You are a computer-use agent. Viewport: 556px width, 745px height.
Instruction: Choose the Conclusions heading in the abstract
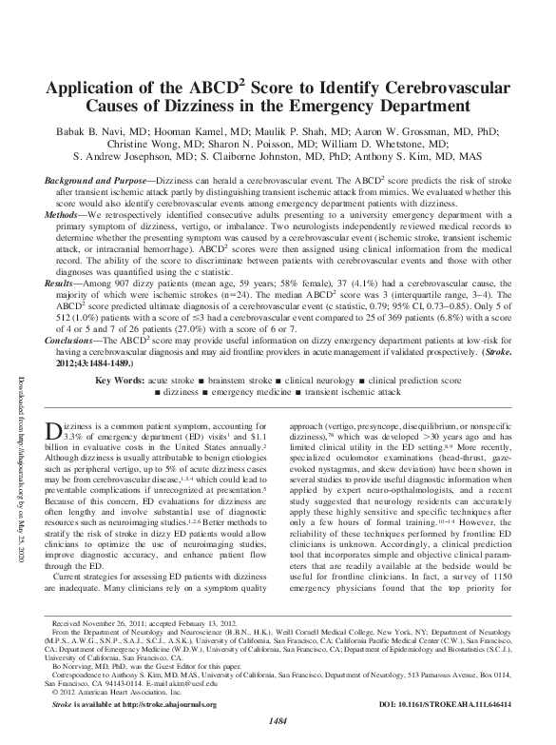pyautogui.click(x=77, y=323)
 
